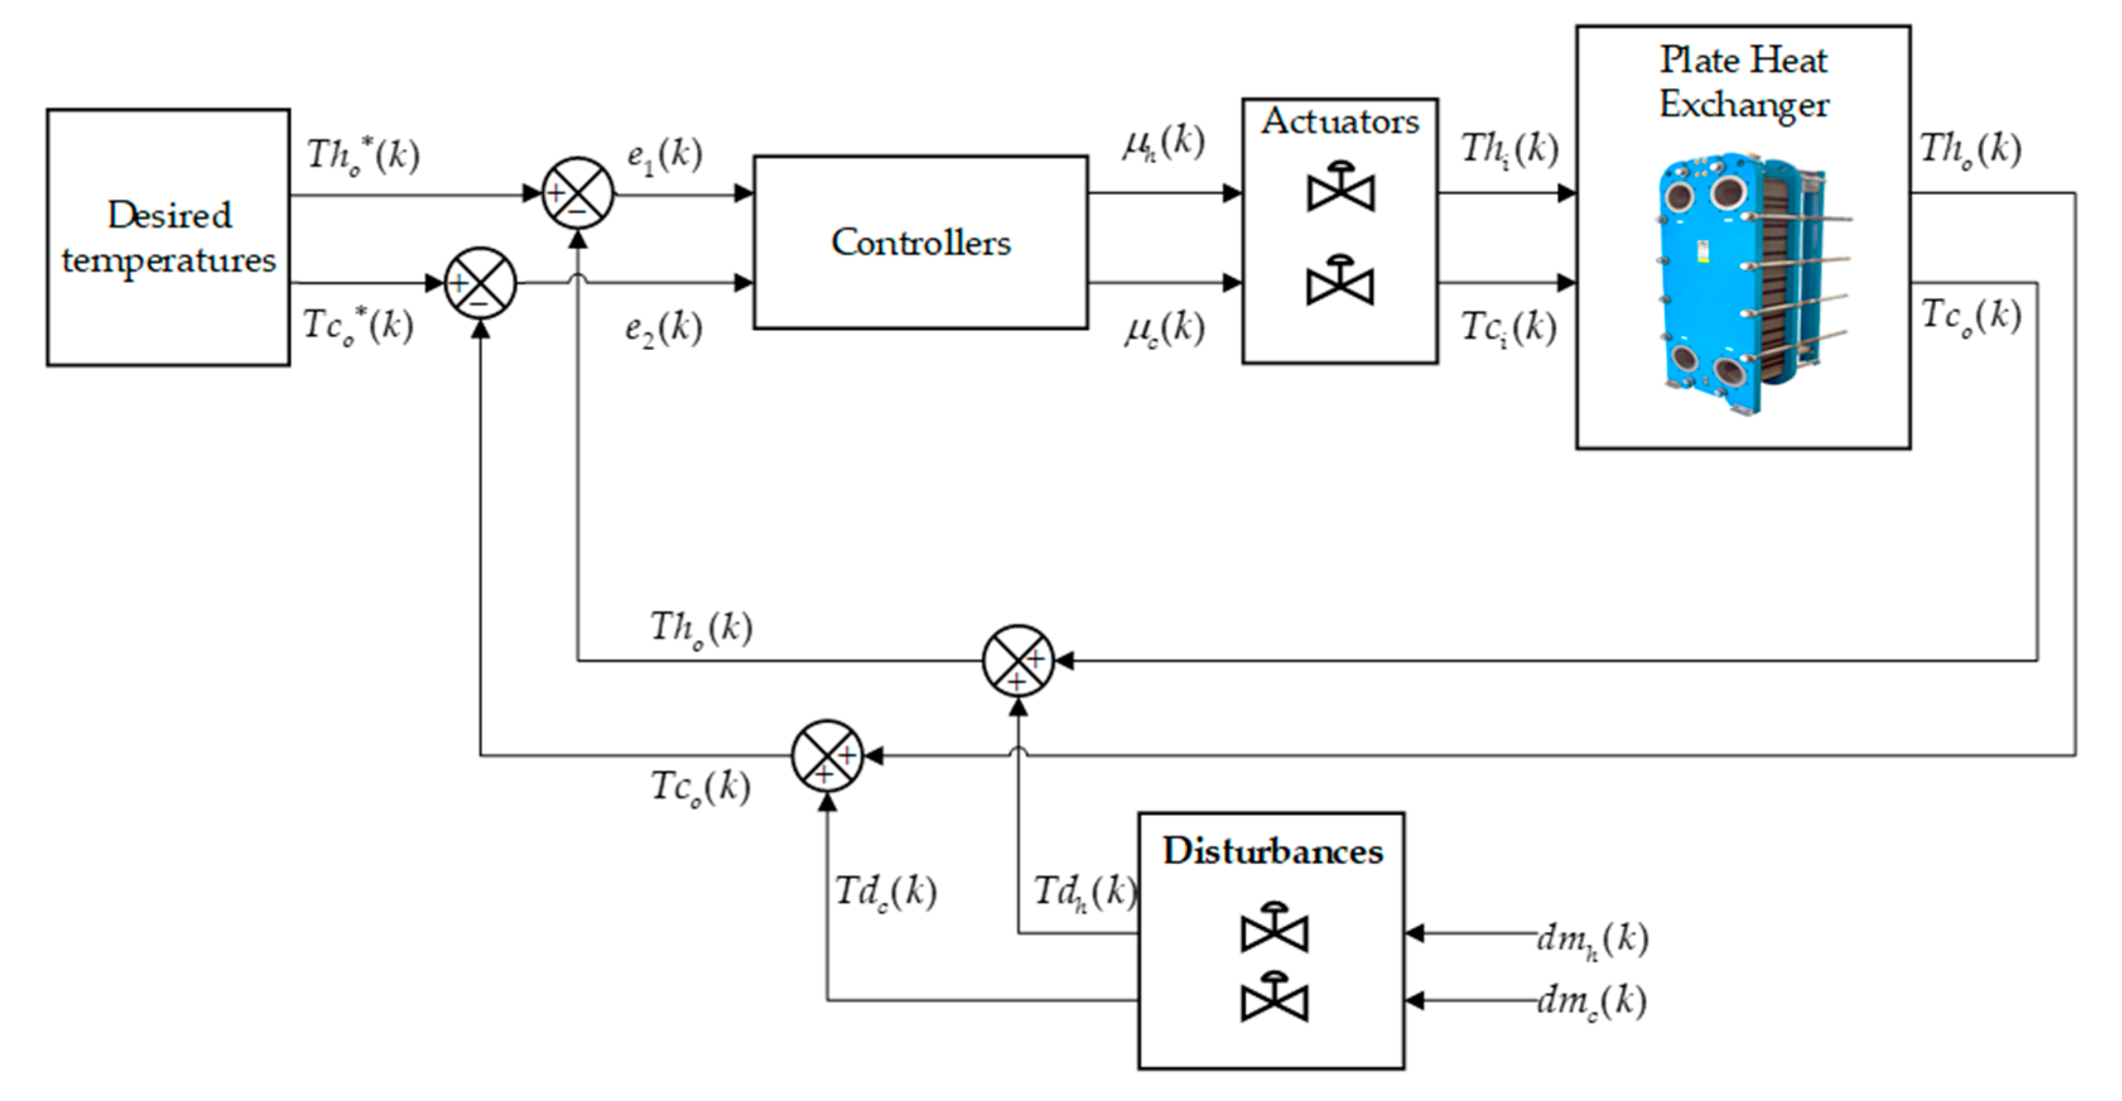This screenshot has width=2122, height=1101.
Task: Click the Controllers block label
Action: tap(920, 242)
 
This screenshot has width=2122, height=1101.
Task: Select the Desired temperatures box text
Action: tap(169, 237)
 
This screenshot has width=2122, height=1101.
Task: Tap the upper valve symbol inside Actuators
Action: tap(1340, 188)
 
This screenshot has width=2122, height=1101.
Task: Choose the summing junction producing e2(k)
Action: tap(480, 283)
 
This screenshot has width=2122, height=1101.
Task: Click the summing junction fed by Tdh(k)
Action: tap(1018, 660)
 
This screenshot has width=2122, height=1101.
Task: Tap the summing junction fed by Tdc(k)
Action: tap(827, 756)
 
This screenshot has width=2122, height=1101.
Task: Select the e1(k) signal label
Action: tap(664, 155)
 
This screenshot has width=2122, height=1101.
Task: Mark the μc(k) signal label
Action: tap(1164, 329)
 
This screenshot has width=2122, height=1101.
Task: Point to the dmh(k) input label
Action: tap(1592, 939)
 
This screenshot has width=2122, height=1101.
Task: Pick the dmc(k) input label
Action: tap(1592, 1001)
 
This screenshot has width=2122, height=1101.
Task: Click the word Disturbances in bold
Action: tap(1273, 851)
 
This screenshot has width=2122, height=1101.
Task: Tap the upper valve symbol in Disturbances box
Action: tap(1274, 928)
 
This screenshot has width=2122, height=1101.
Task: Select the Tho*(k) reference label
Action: tap(363, 155)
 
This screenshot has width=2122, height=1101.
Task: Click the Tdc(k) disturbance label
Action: tap(886, 892)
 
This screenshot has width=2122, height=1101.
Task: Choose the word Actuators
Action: tap(1340, 121)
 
